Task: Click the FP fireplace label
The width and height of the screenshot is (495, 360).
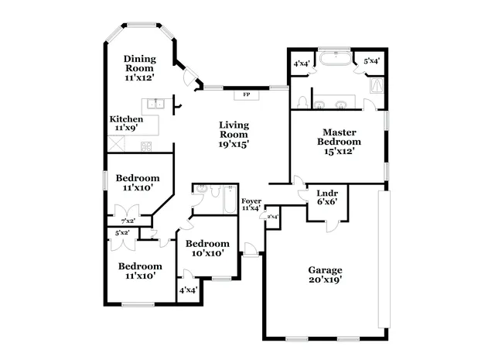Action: pos(247,94)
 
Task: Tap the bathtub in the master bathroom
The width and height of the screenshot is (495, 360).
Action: pos(335,59)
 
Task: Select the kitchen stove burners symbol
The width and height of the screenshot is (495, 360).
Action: pos(146,146)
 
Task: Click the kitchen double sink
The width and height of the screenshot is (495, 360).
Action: pos(156,104)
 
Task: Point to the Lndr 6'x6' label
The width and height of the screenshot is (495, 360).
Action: pos(327,197)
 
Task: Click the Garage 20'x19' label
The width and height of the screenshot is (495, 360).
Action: pos(325,275)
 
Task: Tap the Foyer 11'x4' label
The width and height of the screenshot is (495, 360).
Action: pos(251,204)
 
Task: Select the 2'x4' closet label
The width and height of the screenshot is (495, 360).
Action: pos(272,217)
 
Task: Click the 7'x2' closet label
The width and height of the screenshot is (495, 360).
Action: pos(128,221)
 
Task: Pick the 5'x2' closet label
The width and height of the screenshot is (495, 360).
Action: pos(122,233)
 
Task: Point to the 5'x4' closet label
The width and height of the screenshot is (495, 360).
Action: pos(371,61)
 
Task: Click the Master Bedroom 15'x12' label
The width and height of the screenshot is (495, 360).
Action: pos(339,141)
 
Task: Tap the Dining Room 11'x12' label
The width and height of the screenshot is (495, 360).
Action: pos(139,68)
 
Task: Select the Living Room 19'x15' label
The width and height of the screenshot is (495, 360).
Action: pos(234,135)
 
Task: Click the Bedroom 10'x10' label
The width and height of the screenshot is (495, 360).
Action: pos(207,248)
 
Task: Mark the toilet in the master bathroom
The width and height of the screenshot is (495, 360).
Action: pos(302,102)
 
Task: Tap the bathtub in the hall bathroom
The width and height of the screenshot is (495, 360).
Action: pos(230,200)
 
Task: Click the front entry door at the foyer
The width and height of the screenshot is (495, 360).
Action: pos(251,249)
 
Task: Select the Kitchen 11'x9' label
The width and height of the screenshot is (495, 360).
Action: pos(126,123)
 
